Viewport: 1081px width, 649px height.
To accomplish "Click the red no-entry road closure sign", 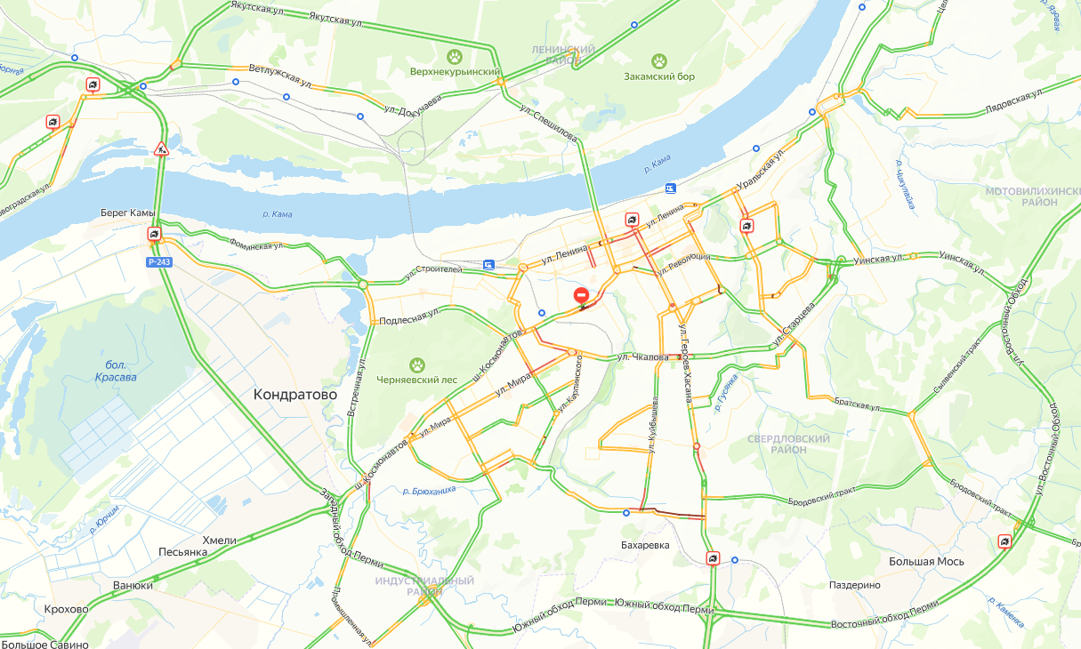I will (x=581, y=294).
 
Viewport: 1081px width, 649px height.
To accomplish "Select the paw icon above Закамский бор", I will (x=659, y=60).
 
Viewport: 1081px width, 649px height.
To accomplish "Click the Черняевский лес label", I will (x=416, y=380).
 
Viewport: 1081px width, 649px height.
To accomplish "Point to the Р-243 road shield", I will (x=159, y=261).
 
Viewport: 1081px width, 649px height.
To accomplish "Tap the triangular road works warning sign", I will (x=161, y=148).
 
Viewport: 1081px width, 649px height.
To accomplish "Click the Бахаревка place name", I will (x=644, y=545).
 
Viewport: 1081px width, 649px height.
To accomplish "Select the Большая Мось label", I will (x=925, y=562).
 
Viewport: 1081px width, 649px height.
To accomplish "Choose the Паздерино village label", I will (x=854, y=585).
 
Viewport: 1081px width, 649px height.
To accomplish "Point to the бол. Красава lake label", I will (x=116, y=371).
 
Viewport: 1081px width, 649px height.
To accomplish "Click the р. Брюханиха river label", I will (x=429, y=490).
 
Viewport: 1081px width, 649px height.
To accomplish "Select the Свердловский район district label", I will (x=788, y=445).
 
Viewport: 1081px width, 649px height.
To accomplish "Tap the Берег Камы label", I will (x=128, y=213).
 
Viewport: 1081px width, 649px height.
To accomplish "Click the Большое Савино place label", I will (x=45, y=644).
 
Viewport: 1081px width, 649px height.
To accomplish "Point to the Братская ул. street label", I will (x=858, y=405).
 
